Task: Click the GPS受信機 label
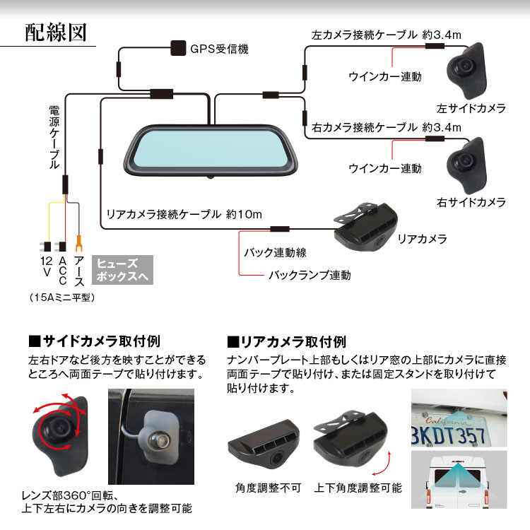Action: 219,49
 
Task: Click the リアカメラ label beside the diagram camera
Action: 423,240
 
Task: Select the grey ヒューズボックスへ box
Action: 122,269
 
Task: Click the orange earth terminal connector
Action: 79,246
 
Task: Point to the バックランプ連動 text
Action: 309,275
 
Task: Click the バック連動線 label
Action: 275,252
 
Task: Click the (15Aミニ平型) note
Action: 63,298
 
